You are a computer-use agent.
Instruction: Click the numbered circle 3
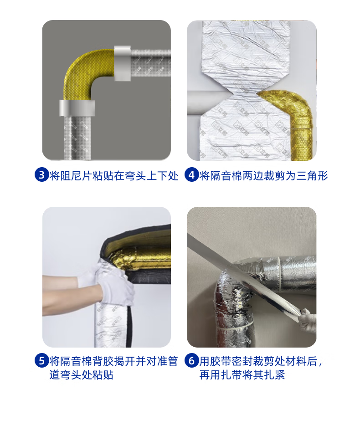point(41,175)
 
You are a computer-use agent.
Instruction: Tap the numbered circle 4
point(192,175)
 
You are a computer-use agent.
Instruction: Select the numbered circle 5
point(41,361)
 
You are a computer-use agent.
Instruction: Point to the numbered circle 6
point(192,361)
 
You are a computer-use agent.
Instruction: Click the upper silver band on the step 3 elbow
point(122,63)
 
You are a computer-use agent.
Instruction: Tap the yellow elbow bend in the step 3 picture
point(84,71)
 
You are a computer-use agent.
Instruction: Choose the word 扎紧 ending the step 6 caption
point(274,375)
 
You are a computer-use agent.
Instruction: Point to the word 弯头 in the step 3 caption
point(135,176)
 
